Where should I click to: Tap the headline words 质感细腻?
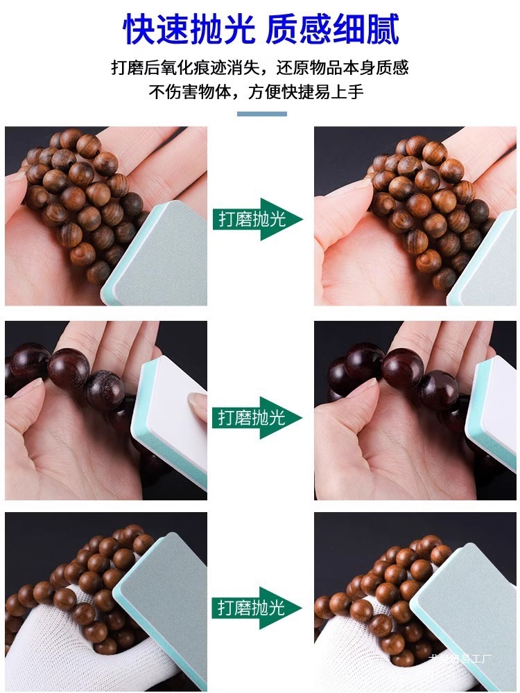pos(333,30)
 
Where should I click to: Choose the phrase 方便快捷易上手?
pos(306,92)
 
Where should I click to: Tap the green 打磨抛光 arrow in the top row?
pos(257,220)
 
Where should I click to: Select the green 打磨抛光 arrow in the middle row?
pos(257,417)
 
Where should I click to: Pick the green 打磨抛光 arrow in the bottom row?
pos(257,608)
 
